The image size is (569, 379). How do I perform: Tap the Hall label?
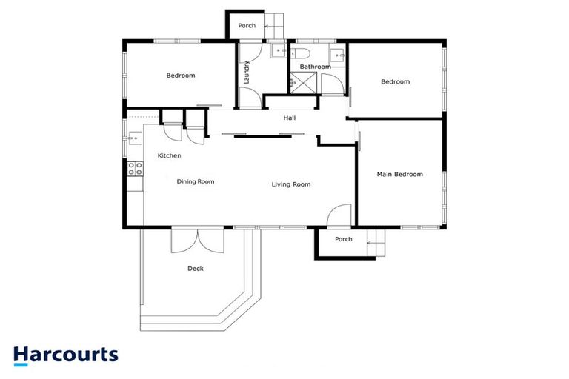290,118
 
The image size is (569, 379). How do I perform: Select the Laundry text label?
246,72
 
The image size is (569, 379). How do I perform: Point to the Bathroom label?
315,67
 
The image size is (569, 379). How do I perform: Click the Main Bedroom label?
399,175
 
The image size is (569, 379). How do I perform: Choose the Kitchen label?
170,155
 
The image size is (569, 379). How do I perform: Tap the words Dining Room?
196,181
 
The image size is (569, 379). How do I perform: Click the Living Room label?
291,184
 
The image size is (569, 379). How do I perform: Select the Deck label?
196,269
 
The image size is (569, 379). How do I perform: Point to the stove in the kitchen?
135,168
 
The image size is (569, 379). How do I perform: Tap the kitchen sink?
135,138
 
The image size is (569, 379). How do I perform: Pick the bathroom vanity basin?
337,53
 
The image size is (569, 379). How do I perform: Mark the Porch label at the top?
247,26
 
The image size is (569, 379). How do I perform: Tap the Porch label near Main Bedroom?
343,239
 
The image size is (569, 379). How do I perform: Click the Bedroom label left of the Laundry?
180,76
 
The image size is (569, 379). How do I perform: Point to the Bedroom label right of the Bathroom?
395,82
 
